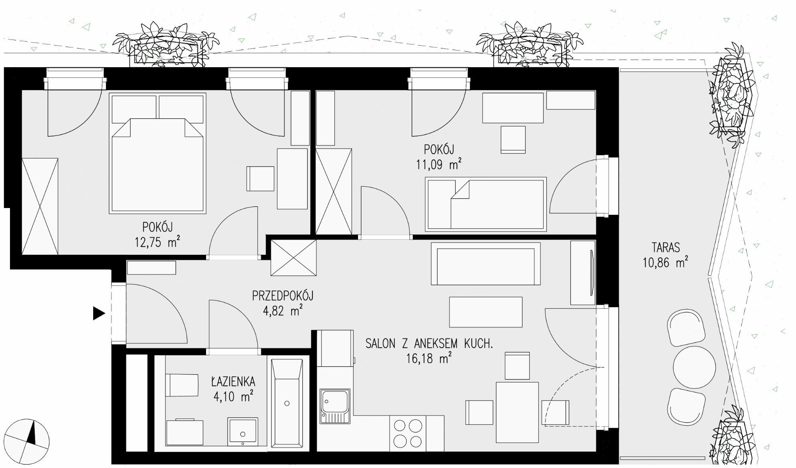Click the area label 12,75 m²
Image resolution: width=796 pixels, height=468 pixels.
pos(157,242)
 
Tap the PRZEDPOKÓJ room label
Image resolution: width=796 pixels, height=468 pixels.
pos(282,296)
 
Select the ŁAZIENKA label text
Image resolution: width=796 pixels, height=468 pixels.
pos(233,381)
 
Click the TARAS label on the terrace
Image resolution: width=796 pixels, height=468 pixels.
pos(666,247)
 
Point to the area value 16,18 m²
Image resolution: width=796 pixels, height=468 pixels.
pos(429,358)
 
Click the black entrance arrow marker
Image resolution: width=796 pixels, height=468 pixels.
pos(99,313)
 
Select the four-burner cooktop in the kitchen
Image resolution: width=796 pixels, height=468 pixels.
pos(408,433)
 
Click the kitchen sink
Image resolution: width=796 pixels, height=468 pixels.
pos(334,406)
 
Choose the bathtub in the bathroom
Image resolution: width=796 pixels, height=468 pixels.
pos(287,403)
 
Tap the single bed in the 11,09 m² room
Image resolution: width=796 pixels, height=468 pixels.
pos(486,204)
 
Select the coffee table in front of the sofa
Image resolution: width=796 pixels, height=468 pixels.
pos(486,312)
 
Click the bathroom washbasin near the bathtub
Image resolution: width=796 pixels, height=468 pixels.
pos(242,432)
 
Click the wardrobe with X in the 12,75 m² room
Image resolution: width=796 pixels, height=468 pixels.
pos(40,206)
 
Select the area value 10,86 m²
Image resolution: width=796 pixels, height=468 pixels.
pos(665,262)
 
